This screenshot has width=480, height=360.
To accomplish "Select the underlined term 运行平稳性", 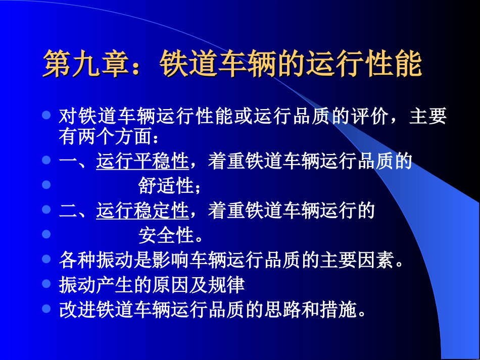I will pos(142,162).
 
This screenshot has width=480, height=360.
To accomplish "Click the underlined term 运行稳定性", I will pos(142,211).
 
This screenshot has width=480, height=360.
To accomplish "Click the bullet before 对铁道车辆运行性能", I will pos(46,116).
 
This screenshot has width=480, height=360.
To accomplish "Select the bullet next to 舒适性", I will pos(46,185).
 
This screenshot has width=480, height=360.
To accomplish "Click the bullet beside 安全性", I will pos(46,234).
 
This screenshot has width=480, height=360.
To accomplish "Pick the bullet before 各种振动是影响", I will pos(46,259).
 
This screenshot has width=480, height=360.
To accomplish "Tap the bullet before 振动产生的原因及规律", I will pos(46,284).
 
